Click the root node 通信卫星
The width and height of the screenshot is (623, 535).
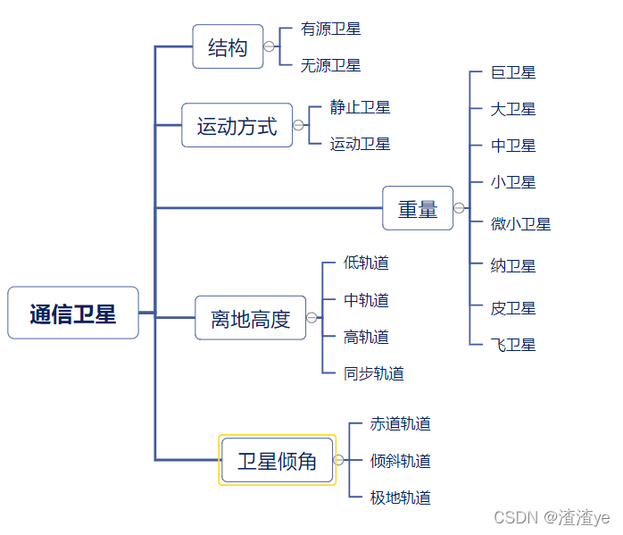click(73, 313)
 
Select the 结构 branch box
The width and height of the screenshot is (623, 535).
click(228, 47)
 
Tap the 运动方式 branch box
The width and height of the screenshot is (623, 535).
click(237, 126)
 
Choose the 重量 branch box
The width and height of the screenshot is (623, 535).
click(418, 209)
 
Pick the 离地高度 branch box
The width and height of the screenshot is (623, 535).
click(251, 319)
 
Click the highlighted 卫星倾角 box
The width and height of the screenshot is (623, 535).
click(278, 461)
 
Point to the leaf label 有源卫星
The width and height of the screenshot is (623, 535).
click(330, 29)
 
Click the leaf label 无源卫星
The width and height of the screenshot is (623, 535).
click(330, 65)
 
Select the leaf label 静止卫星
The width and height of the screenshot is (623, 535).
click(360, 107)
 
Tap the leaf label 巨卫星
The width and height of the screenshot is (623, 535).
click(513, 72)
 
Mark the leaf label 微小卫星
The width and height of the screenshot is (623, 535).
click(520, 223)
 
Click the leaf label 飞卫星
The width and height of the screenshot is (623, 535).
click(513, 345)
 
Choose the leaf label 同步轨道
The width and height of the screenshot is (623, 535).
click(373, 373)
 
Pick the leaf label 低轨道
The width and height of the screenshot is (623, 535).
click(366, 263)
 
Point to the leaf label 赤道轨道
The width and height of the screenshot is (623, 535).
click(400, 423)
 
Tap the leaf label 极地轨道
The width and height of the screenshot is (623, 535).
click(400, 497)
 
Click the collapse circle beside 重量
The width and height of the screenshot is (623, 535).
click(459, 208)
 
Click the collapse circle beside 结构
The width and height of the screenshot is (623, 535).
click(269, 46)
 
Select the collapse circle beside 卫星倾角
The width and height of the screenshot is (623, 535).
click(338, 461)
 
